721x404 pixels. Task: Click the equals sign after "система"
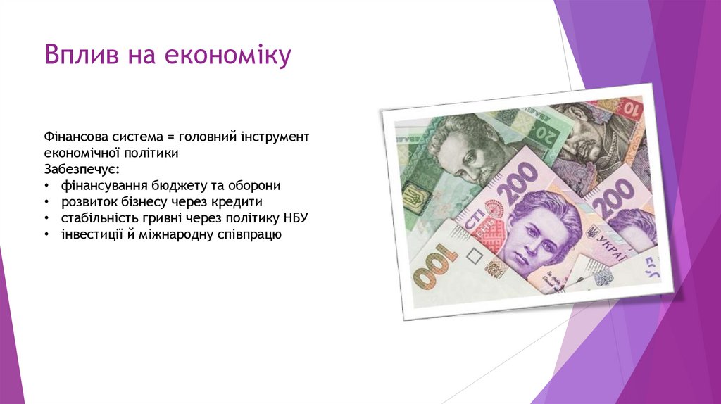click(170, 135)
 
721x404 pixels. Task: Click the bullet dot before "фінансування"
click(46, 186)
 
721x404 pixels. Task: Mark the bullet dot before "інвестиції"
click(46, 235)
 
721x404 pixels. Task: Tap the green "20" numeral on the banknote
click(544, 128)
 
